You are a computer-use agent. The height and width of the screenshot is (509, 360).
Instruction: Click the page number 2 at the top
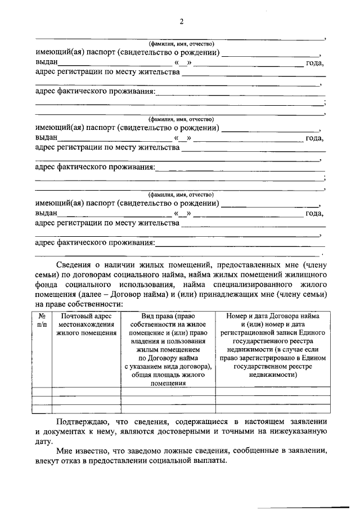pyautogui.click(x=181, y=21)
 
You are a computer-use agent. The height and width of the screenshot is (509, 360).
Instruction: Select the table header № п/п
pyautogui.click(x=42, y=321)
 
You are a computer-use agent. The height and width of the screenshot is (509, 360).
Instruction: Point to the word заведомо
pyautogui.click(x=136, y=451)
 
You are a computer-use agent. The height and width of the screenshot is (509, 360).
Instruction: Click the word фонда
pyautogui.click(x=47, y=284)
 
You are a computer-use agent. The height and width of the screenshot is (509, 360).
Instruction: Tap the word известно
pyautogui.click(x=92, y=451)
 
